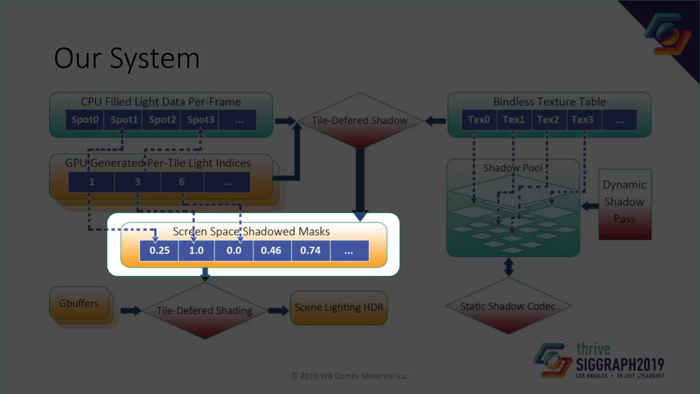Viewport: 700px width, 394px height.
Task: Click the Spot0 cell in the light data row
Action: tap(85, 120)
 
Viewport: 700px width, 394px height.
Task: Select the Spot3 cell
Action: tap(200, 120)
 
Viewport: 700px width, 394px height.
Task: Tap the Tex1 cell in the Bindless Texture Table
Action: tap(513, 120)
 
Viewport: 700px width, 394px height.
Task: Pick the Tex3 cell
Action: tap(582, 120)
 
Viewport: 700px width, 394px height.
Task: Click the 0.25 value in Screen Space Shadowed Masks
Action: tap(159, 250)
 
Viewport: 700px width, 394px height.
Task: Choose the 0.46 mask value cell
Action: tap(271, 250)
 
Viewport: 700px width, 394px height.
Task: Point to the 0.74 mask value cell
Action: tap(310, 250)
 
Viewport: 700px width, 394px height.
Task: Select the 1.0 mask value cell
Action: tap(196, 250)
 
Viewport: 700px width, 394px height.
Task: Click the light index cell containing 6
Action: tap(181, 182)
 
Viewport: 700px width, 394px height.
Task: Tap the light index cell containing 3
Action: tap(137, 182)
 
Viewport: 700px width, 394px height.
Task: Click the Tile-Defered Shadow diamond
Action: tap(360, 120)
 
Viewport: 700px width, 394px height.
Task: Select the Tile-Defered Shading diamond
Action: tap(204, 311)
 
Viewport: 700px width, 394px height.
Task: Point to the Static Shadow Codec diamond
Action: tap(508, 306)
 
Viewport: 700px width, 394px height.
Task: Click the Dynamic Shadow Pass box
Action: tap(624, 204)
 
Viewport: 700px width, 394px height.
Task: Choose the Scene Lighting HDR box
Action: tap(339, 307)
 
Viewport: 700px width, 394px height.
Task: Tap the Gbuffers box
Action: tap(79, 303)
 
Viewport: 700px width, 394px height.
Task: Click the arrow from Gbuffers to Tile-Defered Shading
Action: tap(131, 311)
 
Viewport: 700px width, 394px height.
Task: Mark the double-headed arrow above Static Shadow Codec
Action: tap(509, 267)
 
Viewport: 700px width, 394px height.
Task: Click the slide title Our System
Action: tap(127, 58)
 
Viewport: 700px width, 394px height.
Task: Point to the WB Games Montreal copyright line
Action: tap(350, 376)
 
